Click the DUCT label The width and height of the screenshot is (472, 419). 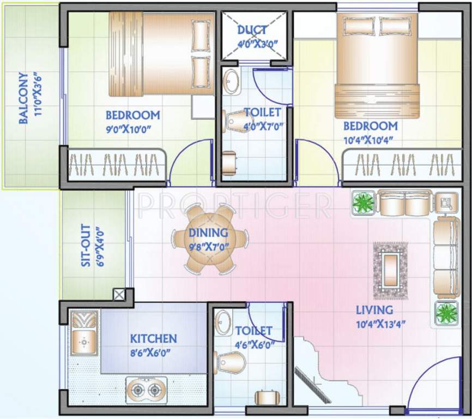point(252,30)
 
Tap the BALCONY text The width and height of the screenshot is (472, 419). point(23,99)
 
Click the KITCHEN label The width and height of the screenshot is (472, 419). point(153,339)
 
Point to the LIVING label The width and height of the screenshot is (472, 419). point(374,310)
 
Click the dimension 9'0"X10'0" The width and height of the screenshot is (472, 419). point(128,129)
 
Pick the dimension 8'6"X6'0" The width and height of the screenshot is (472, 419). point(151,352)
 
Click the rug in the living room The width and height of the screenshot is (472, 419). point(390,269)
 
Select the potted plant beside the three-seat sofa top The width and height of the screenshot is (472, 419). point(362,202)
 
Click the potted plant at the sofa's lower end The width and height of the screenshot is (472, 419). point(446,313)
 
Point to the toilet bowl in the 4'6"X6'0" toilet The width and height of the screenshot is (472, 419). point(231,362)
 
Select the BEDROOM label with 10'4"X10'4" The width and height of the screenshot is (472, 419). point(370,126)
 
